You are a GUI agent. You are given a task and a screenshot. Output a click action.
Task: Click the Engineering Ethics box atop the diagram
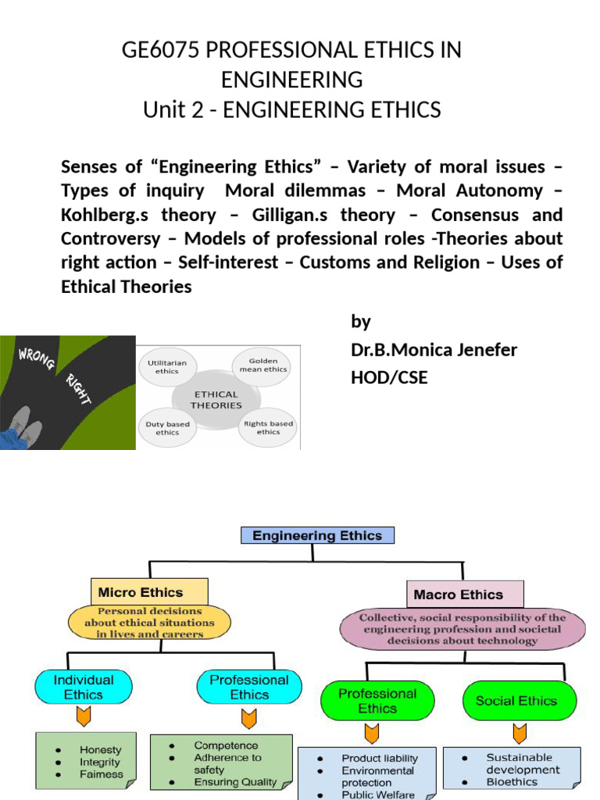[x=317, y=535]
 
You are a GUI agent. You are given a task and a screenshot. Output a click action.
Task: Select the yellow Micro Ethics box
[x=149, y=592]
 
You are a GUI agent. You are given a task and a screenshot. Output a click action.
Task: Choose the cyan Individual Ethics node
[x=84, y=687]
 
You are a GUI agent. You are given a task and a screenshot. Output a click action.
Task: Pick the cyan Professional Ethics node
[x=249, y=687]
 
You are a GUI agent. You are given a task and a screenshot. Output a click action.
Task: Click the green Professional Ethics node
[x=377, y=701]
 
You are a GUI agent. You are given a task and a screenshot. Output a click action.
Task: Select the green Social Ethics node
[x=516, y=701]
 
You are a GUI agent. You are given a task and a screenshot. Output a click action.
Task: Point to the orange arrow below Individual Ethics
[x=83, y=718]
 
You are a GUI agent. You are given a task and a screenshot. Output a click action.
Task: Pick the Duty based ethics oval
[x=167, y=428]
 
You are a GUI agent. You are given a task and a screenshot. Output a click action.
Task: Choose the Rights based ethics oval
[x=268, y=427]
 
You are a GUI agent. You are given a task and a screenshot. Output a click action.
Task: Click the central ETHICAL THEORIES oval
[x=216, y=399]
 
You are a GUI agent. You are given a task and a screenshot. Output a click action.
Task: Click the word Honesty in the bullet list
[x=101, y=749]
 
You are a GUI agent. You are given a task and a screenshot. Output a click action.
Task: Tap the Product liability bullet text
[x=380, y=758]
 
